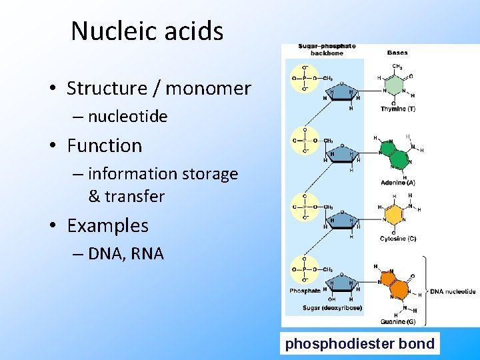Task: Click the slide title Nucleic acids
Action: (147, 31)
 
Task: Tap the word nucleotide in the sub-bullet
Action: (127, 117)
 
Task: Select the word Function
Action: (105, 145)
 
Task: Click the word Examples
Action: (107, 225)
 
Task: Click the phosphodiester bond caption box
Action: (360, 344)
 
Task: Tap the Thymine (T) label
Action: (398, 109)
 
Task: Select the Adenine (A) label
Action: (398, 182)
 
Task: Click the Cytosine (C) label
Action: (398, 239)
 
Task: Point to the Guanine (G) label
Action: (398, 322)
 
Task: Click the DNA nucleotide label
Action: (453, 291)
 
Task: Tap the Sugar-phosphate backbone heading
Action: (327, 49)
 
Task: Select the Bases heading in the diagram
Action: (399, 52)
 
